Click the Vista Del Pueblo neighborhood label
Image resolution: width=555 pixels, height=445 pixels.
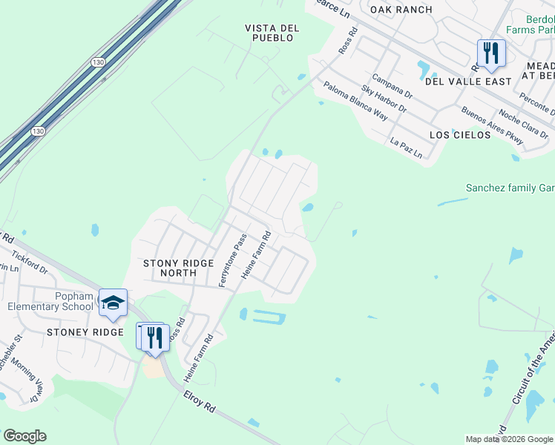click(x=272, y=33)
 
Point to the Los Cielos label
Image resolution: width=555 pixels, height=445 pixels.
click(x=460, y=135)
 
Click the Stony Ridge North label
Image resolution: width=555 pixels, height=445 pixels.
click(x=179, y=268)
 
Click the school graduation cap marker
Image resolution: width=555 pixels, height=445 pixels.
click(x=113, y=303)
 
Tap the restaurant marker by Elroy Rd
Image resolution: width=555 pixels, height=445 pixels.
click(x=155, y=337)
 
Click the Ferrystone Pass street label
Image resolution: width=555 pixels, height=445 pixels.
click(x=230, y=261)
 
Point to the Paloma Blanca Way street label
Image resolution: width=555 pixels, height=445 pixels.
click(x=355, y=101)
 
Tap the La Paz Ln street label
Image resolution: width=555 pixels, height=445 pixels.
click(x=406, y=148)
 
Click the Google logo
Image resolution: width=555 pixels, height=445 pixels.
click(x=24, y=436)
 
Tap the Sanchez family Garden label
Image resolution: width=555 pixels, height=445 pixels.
click(x=510, y=188)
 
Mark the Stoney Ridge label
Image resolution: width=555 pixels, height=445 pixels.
click(x=85, y=332)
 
